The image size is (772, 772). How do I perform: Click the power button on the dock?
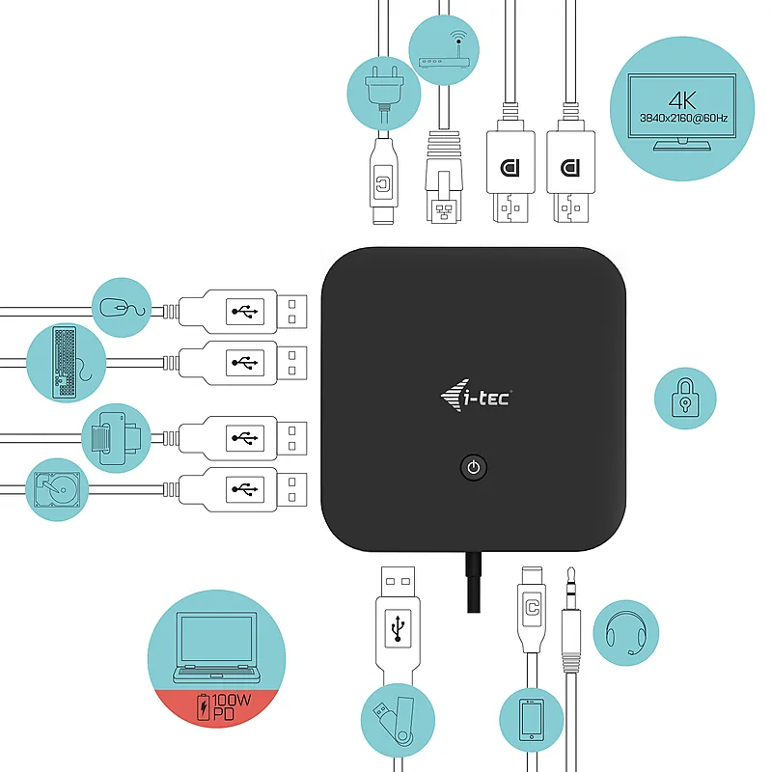coord(474,467)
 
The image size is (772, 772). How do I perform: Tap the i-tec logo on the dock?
coord(476,396)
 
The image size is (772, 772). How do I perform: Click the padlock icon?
coord(685,398)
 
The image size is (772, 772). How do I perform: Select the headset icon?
coord(626,633)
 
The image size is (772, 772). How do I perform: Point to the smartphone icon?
coord(532,720)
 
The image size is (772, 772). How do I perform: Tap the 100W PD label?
coord(224,706)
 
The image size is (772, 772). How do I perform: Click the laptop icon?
coord(216,648)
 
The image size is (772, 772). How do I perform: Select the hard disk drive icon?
coord(57,489)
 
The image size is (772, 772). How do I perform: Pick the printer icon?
coord(116,438)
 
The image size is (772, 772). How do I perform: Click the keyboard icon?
coord(65,363)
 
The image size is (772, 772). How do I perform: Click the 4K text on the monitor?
coord(682,100)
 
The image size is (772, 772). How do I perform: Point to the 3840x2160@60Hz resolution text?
coord(683,118)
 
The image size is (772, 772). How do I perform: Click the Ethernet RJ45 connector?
coord(444,177)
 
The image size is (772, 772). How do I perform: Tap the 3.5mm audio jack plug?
coord(571,620)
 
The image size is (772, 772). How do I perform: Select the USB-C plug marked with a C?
coord(532,610)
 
